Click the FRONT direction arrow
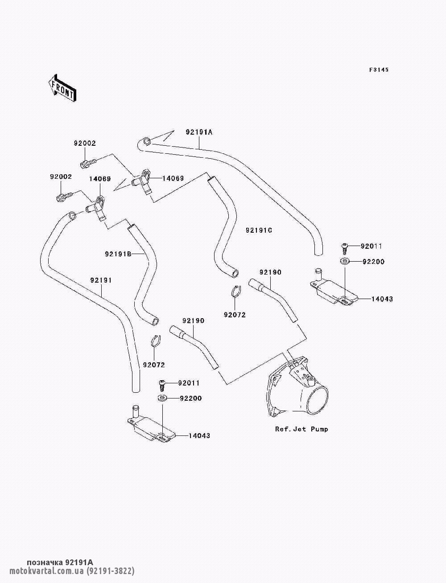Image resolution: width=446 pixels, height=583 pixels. [62, 88]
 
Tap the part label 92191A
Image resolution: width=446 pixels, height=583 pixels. [199, 132]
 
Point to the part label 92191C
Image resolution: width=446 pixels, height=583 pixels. [259, 230]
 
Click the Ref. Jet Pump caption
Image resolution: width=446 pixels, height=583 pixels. [301, 429]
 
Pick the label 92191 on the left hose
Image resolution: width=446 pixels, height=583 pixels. [101, 280]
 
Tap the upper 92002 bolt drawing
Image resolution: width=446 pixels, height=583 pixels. [88, 163]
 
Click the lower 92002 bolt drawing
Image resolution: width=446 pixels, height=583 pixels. [64, 197]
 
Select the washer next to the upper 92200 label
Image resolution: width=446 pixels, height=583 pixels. [344, 261]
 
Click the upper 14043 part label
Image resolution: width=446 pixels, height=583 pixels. [382, 299]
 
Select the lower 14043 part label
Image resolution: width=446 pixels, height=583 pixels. [199, 435]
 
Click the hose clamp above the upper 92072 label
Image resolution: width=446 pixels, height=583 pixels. [235, 291]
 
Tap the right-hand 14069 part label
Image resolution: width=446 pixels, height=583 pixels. [173, 178]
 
